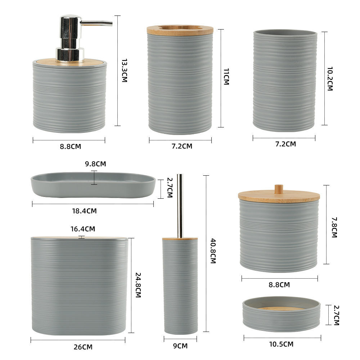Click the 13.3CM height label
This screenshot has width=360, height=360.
tap(125, 70)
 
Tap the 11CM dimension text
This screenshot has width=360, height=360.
tap(226, 76)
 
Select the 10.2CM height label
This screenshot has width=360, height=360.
tap(330, 79)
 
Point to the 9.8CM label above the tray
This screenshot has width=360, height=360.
tap(95, 164)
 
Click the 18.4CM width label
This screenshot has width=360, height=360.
tap(84, 211)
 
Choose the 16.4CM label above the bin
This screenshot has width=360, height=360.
tap(83, 229)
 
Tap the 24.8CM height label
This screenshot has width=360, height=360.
tap(138, 285)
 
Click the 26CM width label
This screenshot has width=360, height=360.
tap(83, 347)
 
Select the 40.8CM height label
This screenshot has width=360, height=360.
tap(213, 251)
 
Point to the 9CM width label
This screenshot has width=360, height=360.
tap(180, 346)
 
